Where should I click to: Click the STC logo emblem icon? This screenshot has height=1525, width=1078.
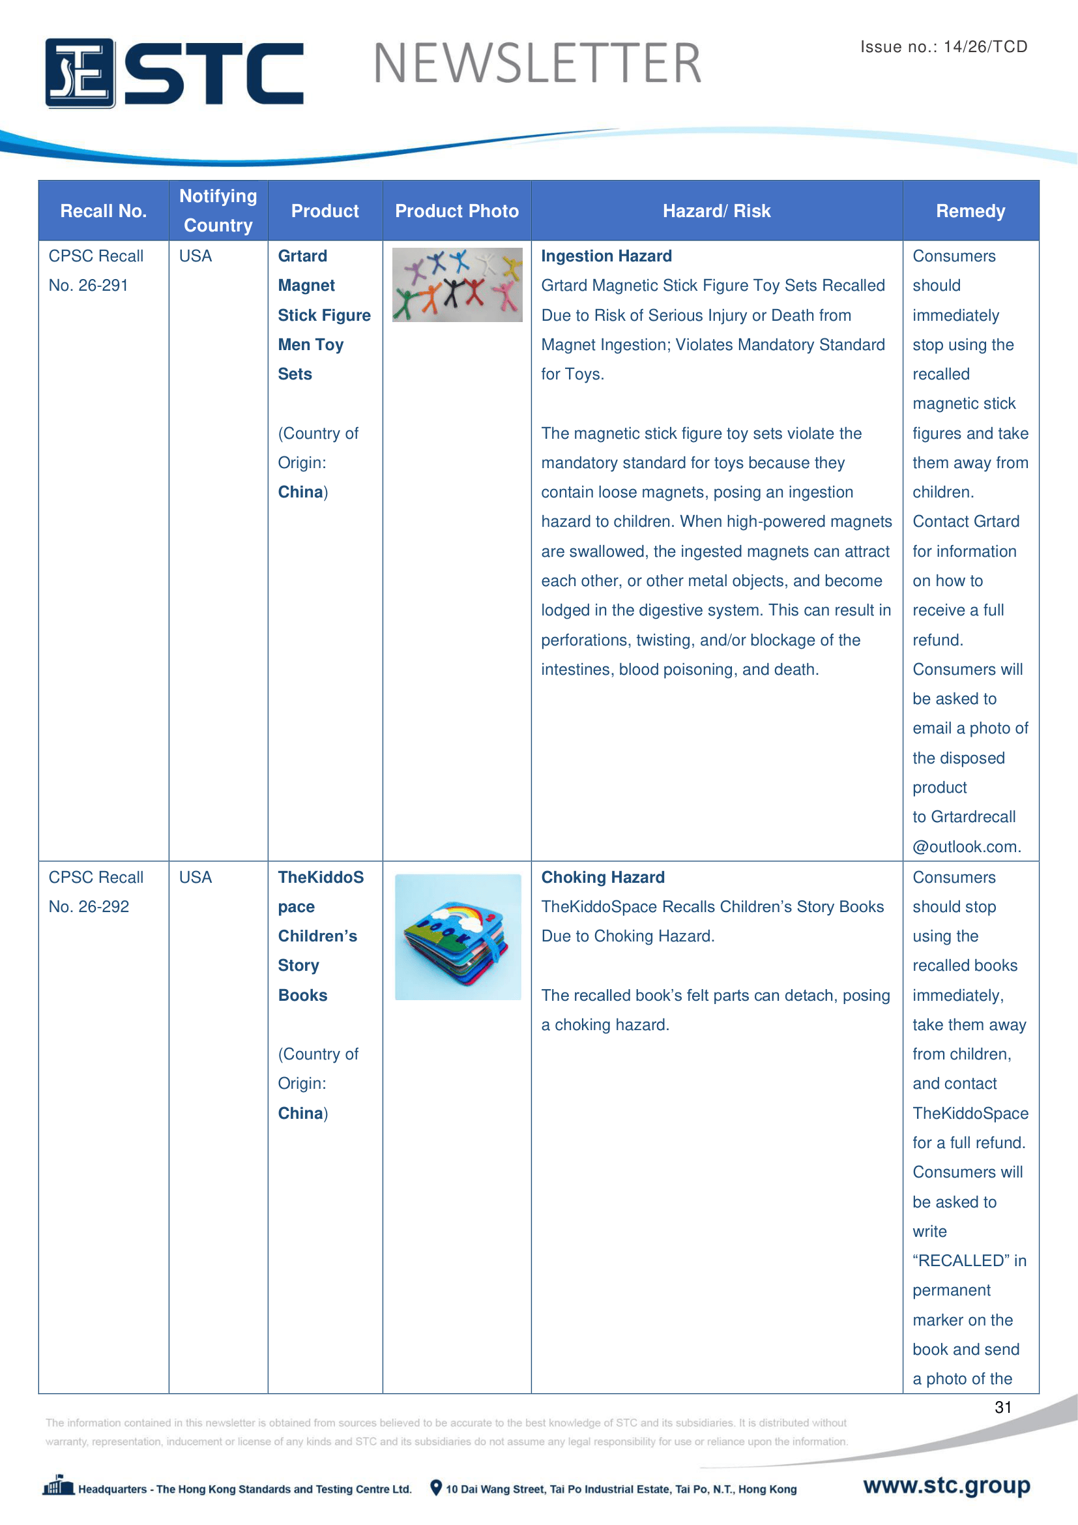click(x=80, y=73)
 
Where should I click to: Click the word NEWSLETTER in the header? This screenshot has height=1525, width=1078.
click(x=537, y=64)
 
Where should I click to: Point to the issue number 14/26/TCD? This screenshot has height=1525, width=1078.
click(x=985, y=46)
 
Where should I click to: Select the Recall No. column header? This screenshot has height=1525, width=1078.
click(x=103, y=211)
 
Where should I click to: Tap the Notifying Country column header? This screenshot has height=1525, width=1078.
click(x=218, y=211)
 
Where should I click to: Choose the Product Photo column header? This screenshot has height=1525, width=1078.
click(x=457, y=211)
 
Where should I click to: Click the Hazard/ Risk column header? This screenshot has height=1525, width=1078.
click(x=716, y=211)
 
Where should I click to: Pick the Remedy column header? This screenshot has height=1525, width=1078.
click(x=970, y=211)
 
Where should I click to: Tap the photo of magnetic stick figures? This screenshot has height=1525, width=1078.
click(x=458, y=285)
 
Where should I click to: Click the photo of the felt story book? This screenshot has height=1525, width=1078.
click(x=458, y=936)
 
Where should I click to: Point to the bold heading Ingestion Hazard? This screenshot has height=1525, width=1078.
click(x=606, y=256)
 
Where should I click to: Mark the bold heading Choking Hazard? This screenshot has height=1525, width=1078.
click(x=603, y=878)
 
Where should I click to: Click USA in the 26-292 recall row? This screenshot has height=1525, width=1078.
click(x=196, y=878)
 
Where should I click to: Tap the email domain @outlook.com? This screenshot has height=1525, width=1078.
click(x=967, y=847)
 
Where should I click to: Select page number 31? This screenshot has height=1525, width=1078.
click(x=1003, y=1408)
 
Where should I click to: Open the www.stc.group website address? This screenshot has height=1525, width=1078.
click(x=946, y=1486)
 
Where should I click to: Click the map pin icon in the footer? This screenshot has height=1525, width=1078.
click(x=436, y=1488)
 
